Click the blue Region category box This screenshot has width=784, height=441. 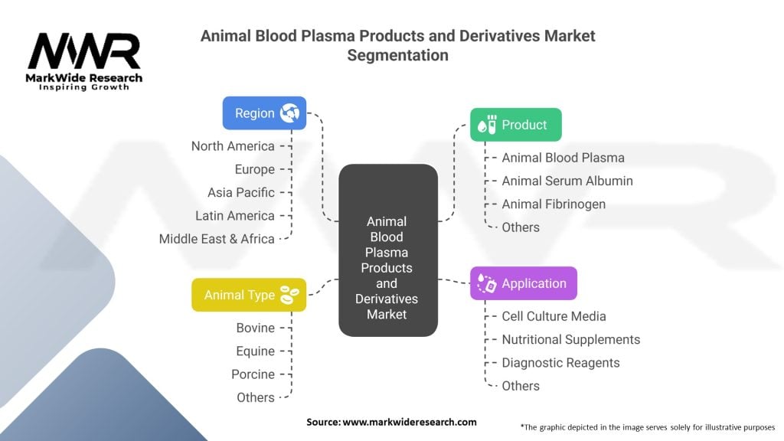[x=264, y=113]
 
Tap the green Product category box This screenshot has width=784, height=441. [x=515, y=125]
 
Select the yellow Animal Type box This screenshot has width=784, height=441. [x=249, y=295]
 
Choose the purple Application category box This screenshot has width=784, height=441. [x=523, y=283]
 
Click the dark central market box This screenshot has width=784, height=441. [x=387, y=250]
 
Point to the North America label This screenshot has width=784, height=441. [x=233, y=146]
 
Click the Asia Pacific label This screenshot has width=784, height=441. [x=240, y=192]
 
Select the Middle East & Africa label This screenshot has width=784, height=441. [x=217, y=239]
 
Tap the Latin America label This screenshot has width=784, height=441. [x=234, y=216]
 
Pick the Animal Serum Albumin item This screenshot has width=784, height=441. [x=567, y=181]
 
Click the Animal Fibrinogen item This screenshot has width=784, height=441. [x=554, y=204]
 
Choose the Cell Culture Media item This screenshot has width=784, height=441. [x=554, y=316]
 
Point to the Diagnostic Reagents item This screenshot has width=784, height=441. [x=560, y=363]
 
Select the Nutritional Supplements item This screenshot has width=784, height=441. [x=570, y=339]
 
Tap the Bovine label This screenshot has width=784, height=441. [x=255, y=328]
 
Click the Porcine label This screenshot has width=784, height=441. [x=253, y=374]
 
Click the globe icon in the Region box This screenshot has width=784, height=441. [x=289, y=113]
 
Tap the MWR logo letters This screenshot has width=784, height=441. [x=84, y=52]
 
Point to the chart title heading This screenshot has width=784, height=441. [x=397, y=45]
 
